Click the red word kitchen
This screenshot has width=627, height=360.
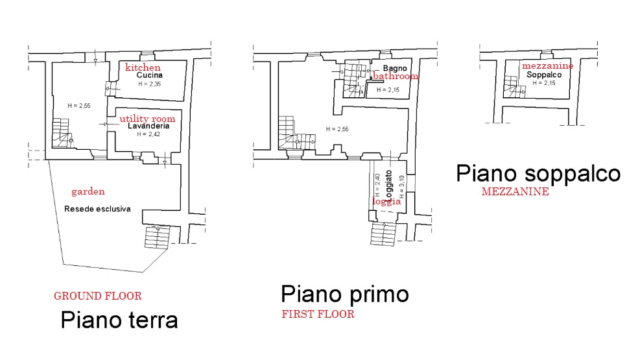(143, 67)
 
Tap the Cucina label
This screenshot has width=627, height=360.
(150, 75)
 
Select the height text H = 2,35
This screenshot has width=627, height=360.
(150, 84)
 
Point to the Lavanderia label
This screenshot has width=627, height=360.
(148, 126)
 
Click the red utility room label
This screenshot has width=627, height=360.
(147, 119)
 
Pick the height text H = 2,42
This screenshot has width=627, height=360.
(148, 134)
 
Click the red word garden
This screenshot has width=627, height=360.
(88, 191)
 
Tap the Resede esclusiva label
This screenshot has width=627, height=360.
(97, 209)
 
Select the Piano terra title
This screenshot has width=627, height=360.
(119, 320)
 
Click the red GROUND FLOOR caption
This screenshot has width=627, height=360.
(98, 296)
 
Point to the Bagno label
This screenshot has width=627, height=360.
(395, 68)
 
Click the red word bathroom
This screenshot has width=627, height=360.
(396, 76)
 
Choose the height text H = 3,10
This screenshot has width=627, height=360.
(402, 187)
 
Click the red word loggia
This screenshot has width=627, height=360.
(386, 201)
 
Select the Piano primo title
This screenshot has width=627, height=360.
(345, 294)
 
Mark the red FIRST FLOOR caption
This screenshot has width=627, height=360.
(318, 315)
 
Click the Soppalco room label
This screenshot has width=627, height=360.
(544, 75)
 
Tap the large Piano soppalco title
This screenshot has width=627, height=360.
(538, 173)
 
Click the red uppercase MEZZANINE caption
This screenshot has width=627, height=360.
(515, 191)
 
